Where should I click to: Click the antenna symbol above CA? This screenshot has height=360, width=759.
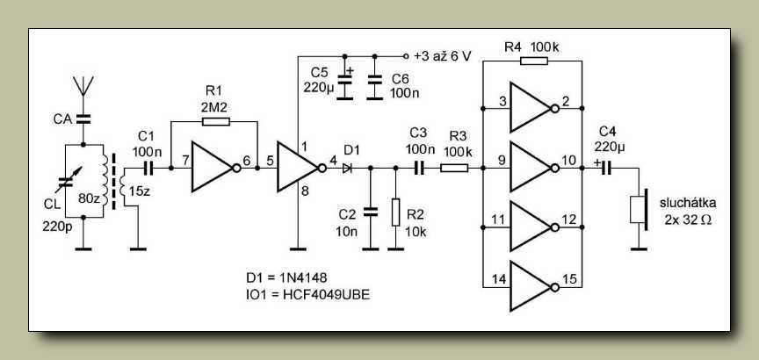click(x=83, y=87)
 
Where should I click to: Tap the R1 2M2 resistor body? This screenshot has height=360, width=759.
click(x=215, y=121)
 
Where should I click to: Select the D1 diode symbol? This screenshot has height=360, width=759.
click(x=348, y=169)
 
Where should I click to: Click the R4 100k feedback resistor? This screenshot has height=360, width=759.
click(x=534, y=61)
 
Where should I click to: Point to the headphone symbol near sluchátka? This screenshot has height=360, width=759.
click(x=639, y=210)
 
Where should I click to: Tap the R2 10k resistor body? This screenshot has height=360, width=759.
click(x=395, y=212)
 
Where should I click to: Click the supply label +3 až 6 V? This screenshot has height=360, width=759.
click(x=443, y=56)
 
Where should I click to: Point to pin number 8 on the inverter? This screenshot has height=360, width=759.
click(x=305, y=191)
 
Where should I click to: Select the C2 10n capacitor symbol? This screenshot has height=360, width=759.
click(x=371, y=212)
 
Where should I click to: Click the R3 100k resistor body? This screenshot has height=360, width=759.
click(x=454, y=169)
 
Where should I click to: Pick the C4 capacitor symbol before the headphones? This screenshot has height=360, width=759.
click(x=606, y=168)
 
